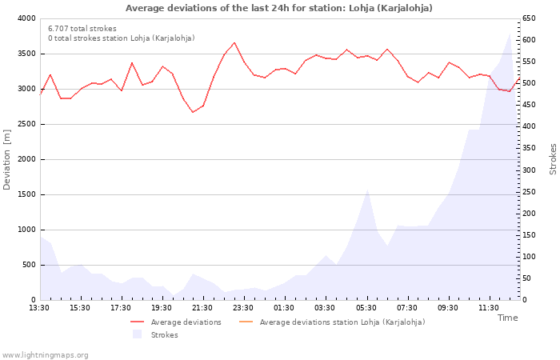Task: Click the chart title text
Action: point(279,8)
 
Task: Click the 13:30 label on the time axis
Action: point(40,308)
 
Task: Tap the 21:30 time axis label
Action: point(203,308)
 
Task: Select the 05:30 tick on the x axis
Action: point(366,308)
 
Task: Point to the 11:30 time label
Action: point(489,308)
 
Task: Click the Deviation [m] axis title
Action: point(8,159)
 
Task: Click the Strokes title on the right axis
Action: point(553,159)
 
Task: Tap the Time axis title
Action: point(507,318)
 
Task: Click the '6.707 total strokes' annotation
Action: point(82,29)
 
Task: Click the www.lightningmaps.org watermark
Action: point(45,354)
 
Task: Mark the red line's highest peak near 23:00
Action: point(234,43)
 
